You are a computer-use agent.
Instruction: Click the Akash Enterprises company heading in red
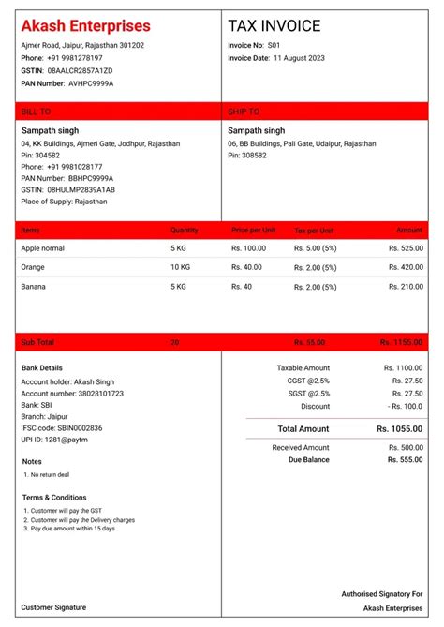(85, 26)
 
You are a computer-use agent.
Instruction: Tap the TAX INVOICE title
(274, 26)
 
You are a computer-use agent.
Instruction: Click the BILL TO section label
(36, 112)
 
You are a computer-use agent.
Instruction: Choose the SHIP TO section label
(244, 112)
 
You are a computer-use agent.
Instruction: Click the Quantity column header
(185, 230)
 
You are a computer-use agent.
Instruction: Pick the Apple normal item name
(42, 248)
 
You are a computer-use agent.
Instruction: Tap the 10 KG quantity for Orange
(181, 267)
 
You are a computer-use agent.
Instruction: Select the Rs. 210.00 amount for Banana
(406, 286)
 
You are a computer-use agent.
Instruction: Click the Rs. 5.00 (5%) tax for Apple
(315, 248)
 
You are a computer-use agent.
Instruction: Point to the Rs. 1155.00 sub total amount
(402, 343)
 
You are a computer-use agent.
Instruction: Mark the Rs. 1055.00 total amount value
(399, 428)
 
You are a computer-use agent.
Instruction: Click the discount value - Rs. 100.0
(406, 407)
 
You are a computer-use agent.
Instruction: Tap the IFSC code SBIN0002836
(62, 427)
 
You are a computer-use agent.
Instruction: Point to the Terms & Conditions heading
(54, 497)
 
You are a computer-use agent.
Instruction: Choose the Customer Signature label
(53, 608)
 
